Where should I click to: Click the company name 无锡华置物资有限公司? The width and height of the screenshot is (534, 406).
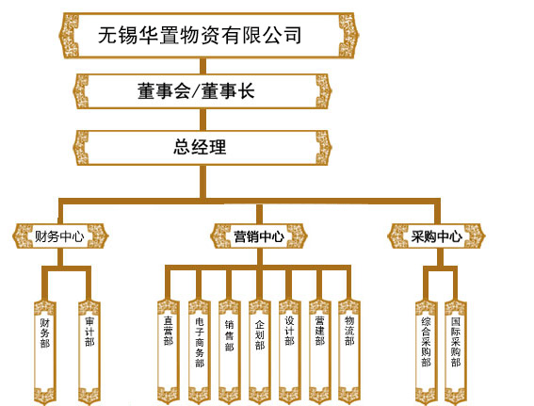[x=200, y=35]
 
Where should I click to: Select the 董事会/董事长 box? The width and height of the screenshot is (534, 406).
[x=202, y=91]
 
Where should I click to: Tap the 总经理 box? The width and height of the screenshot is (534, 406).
[x=202, y=148]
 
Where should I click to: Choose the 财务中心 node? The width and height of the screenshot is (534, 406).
[x=60, y=236]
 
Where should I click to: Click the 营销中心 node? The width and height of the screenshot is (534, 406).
[x=259, y=236]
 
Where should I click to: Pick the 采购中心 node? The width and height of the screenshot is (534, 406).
[x=437, y=236]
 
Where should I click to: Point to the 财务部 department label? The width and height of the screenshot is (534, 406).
[x=45, y=333]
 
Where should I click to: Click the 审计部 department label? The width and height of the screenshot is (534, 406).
[x=89, y=332]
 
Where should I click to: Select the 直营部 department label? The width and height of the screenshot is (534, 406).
[x=169, y=331]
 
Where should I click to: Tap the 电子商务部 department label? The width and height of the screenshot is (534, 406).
[x=200, y=342]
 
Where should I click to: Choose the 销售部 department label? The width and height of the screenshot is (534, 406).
[x=229, y=335]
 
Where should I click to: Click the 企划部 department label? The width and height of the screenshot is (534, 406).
[x=260, y=334]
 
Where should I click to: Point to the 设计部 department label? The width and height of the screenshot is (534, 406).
[x=289, y=331]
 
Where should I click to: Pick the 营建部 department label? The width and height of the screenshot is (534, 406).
[x=319, y=331]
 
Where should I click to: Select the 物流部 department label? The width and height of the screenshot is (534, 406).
[x=349, y=331]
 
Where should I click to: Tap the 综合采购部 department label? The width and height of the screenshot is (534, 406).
[x=426, y=342]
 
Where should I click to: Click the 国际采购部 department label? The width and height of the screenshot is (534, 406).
[x=455, y=342]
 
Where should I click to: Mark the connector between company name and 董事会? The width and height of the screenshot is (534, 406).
[x=202, y=66]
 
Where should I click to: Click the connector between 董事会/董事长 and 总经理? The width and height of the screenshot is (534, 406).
[x=202, y=120]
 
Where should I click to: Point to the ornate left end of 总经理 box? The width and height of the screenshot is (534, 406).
[x=81, y=148]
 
